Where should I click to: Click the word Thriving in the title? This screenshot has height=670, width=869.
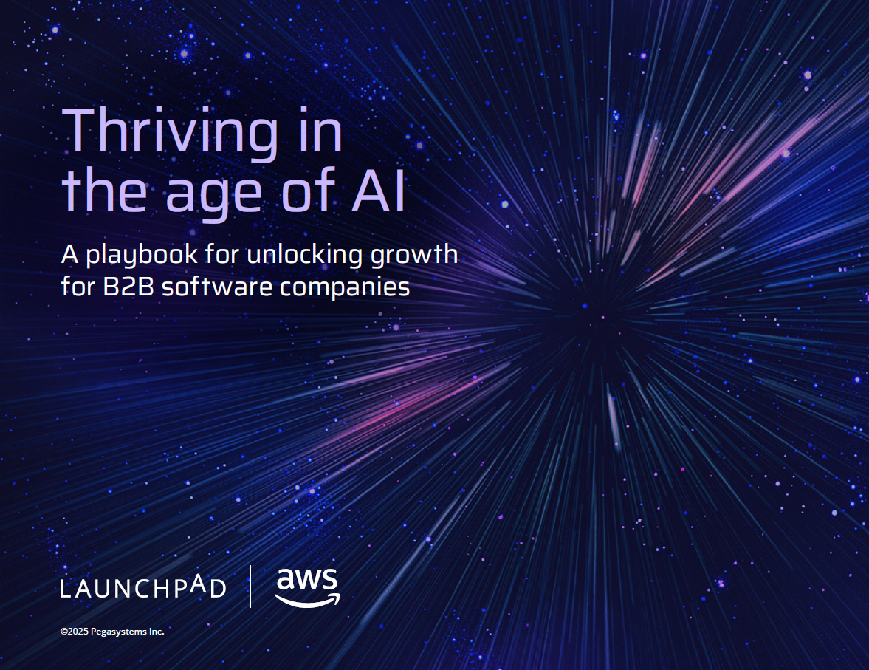(x=171, y=133)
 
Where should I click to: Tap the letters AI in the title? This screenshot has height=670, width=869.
(x=379, y=191)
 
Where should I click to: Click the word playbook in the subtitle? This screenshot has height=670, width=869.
(x=141, y=255)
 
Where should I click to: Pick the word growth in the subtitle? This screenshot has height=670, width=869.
(x=414, y=255)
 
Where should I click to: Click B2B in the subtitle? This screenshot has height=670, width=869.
(x=128, y=287)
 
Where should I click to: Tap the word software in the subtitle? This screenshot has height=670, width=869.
(x=216, y=287)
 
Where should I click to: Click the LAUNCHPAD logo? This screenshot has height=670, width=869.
(x=143, y=588)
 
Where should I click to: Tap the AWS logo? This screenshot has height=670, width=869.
(x=307, y=587)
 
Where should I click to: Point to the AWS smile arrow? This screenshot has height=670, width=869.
(x=307, y=601)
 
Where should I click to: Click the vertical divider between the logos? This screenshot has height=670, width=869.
(x=250, y=587)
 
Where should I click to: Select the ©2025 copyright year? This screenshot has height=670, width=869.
(x=75, y=631)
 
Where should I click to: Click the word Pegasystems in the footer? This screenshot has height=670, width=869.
(x=119, y=632)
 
